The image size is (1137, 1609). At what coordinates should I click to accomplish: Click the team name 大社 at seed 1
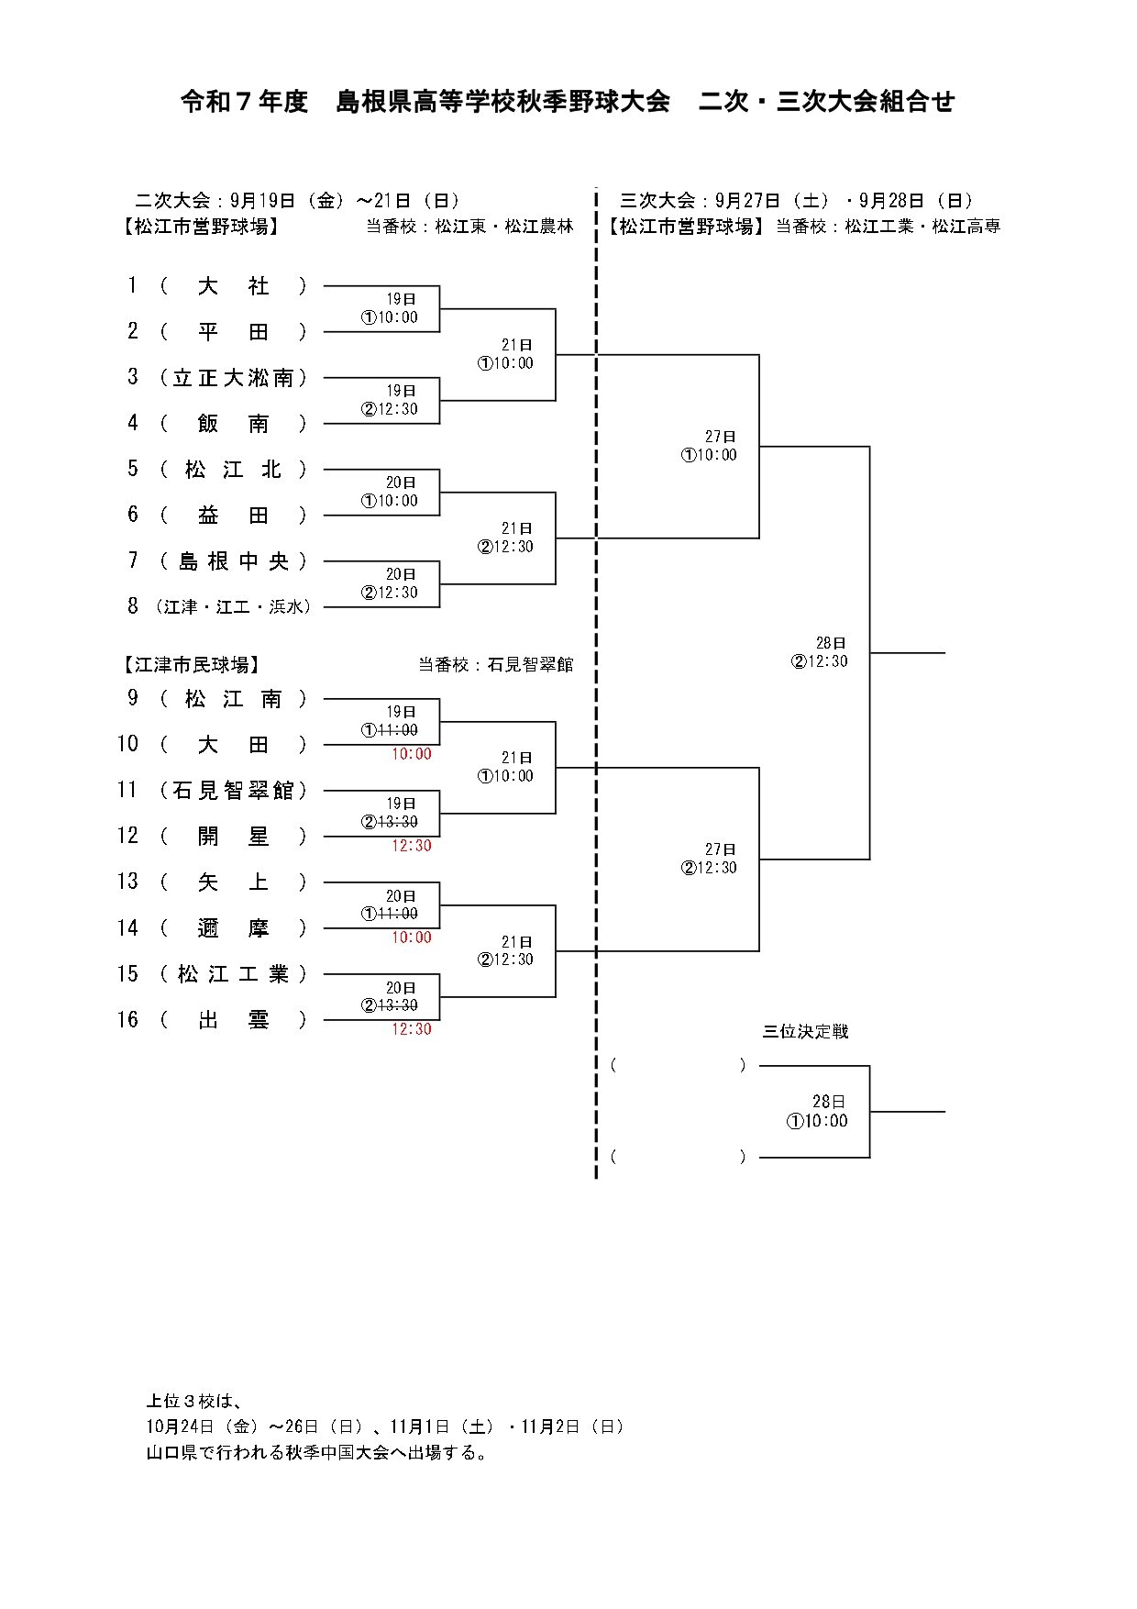[233, 286]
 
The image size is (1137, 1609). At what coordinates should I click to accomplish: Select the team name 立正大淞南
[233, 378]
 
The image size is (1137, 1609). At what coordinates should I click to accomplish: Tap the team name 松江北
[233, 470]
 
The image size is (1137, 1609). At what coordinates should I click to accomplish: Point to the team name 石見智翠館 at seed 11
[233, 791]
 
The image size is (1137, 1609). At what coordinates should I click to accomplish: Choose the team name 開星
[233, 837]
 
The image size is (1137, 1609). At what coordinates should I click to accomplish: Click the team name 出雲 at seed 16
[233, 1020]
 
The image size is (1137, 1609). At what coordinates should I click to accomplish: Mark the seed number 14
[127, 928]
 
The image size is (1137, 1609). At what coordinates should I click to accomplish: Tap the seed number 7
[133, 560]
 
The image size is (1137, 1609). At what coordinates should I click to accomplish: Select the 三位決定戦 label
[805, 1032]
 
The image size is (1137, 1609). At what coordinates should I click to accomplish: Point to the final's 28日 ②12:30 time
[821, 652]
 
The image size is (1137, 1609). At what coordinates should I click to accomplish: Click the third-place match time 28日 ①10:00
[818, 1111]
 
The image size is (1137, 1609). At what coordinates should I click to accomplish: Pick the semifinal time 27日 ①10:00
[710, 446]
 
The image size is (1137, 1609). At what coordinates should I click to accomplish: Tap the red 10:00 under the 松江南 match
[412, 754]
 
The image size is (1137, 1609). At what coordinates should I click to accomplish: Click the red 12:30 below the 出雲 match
[412, 1029]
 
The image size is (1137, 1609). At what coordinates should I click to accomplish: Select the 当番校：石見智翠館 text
[495, 665]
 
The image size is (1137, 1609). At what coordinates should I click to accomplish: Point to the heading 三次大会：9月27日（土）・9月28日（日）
[796, 201]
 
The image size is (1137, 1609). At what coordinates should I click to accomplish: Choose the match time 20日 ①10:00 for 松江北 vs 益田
[391, 492]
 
